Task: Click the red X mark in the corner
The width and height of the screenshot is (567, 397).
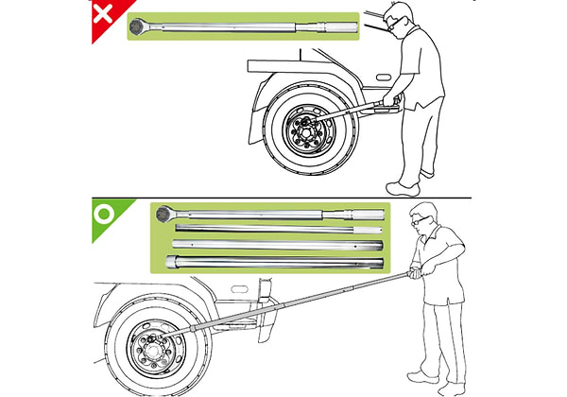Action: (103, 17)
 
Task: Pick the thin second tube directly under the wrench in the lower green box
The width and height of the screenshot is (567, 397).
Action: (274, 230)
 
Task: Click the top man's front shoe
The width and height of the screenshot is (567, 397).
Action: (402, 185)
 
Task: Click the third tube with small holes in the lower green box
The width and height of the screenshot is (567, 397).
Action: (274, 244)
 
